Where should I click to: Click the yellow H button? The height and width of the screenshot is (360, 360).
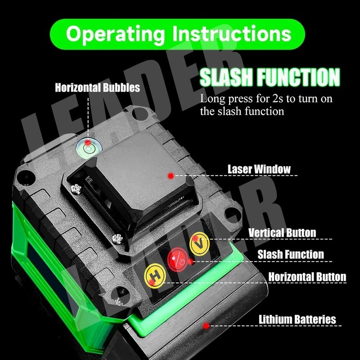pos(155,276)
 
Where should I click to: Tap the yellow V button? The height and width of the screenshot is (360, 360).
pos(199,244)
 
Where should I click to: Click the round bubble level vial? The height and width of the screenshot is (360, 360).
pos(88,148)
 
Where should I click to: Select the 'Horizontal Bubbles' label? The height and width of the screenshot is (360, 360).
pos(97,87)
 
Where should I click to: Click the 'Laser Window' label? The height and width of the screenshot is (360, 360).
pos(259,169)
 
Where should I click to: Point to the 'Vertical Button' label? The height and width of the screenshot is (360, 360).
pos(282,233)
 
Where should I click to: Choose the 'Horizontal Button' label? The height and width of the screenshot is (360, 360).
pos(307,277)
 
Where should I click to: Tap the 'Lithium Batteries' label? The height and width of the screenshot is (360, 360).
pos(297,319)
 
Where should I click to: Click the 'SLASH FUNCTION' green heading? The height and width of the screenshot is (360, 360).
pos(270,77)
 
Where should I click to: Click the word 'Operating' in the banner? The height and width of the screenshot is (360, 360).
pos(115,34)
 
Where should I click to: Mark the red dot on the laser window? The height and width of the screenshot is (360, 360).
pos(171,176)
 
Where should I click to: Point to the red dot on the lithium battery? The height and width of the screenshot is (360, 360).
pos(206,325)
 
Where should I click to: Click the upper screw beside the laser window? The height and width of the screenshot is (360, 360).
pos(76,189)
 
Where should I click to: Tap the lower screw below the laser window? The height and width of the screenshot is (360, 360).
pos(117,239)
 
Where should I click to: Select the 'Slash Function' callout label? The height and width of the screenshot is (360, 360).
pos(291,254)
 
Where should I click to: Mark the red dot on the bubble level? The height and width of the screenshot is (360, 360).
pos(88,143)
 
